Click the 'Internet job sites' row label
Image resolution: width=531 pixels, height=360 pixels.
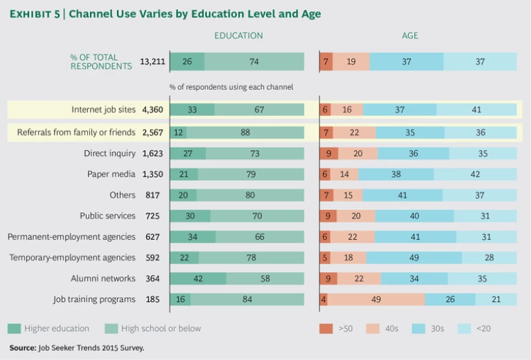[103, 109]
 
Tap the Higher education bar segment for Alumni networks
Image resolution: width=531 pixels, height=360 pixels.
[198, 278]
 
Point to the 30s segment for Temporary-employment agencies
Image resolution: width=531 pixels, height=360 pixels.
[414, 258]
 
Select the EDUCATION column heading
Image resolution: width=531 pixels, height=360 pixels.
[239, 36]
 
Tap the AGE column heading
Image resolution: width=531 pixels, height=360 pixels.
[410, 36]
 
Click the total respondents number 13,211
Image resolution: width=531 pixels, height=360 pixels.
[152, 61]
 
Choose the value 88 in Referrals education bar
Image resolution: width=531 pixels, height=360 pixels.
[245, 132]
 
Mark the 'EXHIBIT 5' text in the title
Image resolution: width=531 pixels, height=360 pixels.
[32, 14]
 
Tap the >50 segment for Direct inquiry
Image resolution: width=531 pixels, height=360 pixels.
[328, 153]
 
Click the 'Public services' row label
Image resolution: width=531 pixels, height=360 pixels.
[107, 216]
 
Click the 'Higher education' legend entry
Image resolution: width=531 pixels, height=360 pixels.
[49, 328]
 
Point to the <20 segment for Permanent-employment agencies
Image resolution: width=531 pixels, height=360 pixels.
[486, 237]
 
